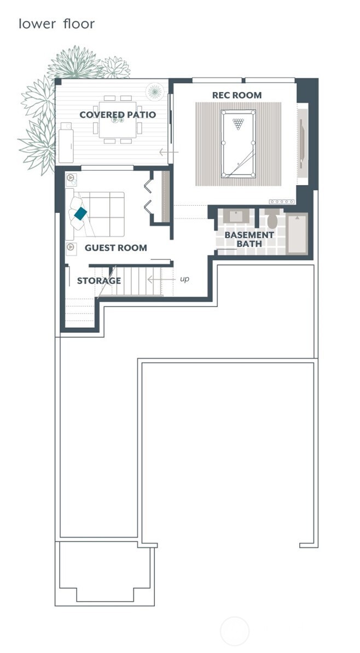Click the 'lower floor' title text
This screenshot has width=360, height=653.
click(x=56, y=24)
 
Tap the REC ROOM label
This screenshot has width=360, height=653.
click(x=237, y=95)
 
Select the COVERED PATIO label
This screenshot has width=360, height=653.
click(x=118, y=115)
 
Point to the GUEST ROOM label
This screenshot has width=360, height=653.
click(x=115, y=248)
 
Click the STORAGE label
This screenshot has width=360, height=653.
click(x=98, y=281)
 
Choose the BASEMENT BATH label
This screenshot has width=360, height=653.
click(x=242, y=239)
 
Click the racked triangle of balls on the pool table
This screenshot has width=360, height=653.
click(x=238, y=124)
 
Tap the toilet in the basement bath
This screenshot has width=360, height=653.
click(x=272, y=219)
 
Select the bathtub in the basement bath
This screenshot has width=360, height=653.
click(x=298, y=234)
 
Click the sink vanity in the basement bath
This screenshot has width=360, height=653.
click(x=236, y=216)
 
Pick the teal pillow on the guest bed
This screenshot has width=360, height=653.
click(x=81, y=213)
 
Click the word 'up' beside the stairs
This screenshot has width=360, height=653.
click(x=184, y=279)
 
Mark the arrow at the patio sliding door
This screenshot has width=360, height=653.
click(x=168, y=152)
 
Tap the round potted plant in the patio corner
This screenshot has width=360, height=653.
click(x=155, y=90)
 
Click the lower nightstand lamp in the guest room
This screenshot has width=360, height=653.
click(x=71, y=247)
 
